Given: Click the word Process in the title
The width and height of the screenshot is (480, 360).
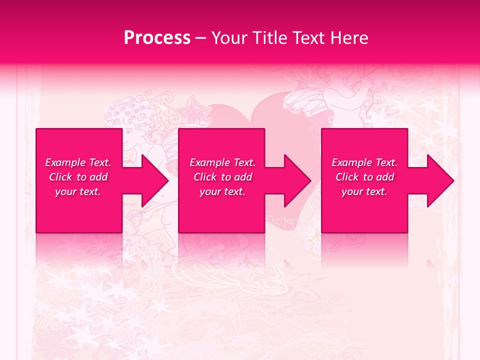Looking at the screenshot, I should click(x=157, y=38).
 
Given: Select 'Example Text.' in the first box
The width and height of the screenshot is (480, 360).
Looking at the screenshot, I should click(x=78, y=162).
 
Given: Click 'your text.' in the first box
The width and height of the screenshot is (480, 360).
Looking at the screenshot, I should click(x=78, y=191).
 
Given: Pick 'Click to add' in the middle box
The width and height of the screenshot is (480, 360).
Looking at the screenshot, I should click(x=222, y=177).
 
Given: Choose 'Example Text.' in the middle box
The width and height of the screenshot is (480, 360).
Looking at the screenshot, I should click(x=222, y=162).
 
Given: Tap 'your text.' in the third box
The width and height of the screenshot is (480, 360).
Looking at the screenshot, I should click(x=364, y=191).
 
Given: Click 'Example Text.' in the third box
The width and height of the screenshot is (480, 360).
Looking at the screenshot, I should click(x=364, y=162).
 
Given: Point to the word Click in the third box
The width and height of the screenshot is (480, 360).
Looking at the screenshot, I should click(x=347, y=177).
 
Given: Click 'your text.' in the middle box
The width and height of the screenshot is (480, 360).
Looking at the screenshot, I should click(x=222, y=191).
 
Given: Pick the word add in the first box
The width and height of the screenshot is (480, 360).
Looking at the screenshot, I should click(x=99, y=177).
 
